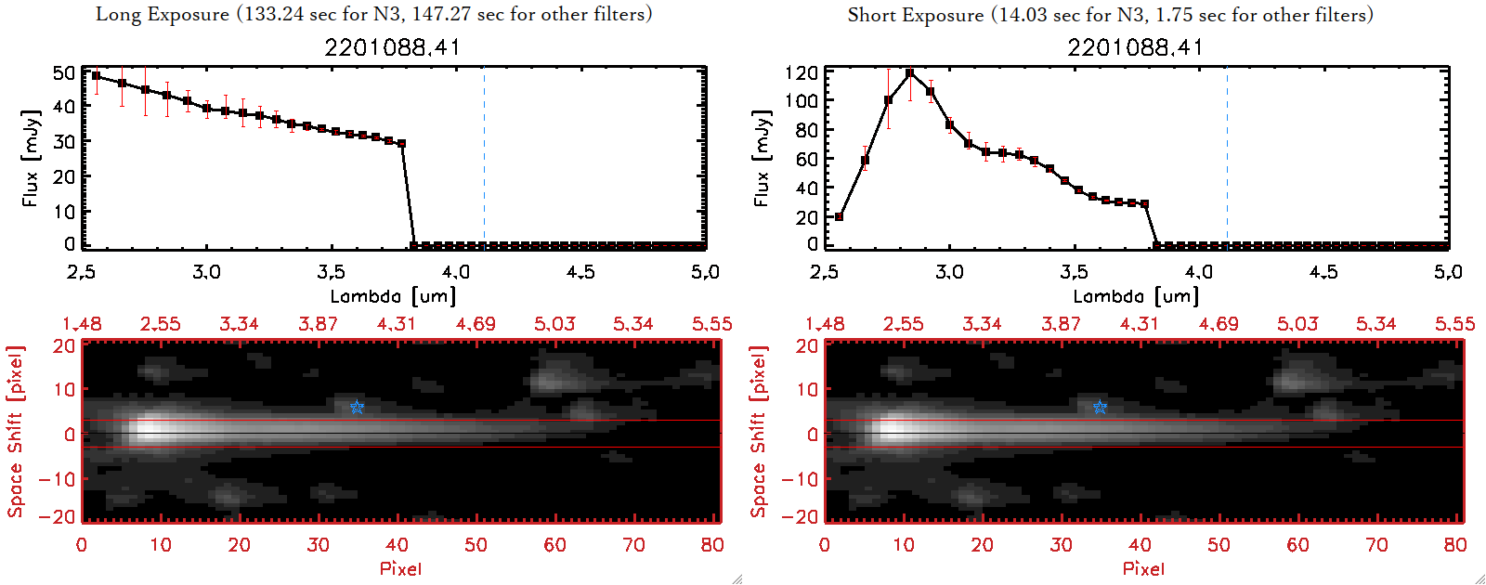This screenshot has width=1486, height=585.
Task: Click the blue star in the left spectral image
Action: coord(357,407)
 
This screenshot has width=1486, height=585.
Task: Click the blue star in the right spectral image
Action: coord(1100,407)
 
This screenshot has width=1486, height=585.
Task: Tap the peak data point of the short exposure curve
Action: coord(909,72)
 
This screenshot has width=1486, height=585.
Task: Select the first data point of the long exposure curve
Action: coord(96,76)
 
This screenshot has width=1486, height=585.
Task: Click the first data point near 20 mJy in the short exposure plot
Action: coord(840,216)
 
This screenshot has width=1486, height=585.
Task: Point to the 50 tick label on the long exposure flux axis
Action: coord(64,72)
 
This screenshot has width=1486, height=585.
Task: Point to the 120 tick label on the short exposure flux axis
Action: coord(802,72)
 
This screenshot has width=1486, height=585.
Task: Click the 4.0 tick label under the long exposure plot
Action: coord(456,272)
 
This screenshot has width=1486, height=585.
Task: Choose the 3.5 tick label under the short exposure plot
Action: coord(1074,272)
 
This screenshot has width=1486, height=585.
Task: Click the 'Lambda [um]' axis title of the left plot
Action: coord(393,296)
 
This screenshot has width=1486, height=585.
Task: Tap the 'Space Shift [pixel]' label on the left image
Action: coord(15,432)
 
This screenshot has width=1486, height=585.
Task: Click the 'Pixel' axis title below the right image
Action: coord(1143,568)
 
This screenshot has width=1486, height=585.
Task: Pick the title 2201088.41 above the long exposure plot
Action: coord(392,47)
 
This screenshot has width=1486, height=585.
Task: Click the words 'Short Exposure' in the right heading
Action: coord(915,15)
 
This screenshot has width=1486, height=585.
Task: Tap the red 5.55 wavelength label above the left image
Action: coord(712,324)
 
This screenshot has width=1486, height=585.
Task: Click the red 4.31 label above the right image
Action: coord(1140,324)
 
